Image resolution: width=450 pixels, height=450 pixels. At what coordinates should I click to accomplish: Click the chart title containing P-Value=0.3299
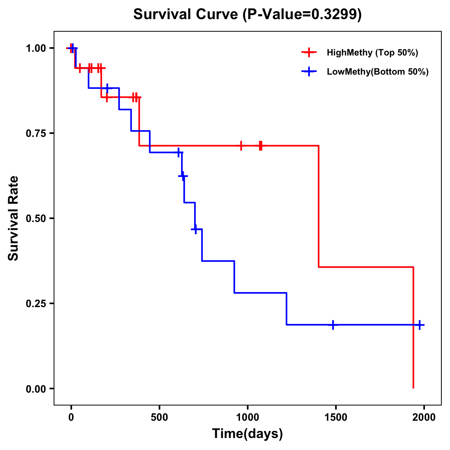247,15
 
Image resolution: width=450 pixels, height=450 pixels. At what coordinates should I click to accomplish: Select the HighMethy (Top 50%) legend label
372,52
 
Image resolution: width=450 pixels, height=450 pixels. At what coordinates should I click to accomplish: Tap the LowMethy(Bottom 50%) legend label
377,72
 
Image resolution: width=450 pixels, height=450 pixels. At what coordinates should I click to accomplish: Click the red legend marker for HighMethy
309,52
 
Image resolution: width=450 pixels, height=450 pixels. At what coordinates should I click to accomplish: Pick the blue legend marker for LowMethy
309,72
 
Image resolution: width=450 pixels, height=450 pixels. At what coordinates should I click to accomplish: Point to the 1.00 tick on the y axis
36,48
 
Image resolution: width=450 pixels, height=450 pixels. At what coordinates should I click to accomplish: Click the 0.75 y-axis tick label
36,133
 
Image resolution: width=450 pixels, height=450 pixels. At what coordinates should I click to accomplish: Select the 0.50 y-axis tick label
36,218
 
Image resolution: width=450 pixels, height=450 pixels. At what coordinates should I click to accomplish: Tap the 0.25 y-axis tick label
36,303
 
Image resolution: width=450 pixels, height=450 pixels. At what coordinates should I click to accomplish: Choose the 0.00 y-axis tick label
36,388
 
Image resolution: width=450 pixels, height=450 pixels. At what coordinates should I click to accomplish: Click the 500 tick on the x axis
159,417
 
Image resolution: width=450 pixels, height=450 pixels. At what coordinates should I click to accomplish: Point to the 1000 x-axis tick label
247,417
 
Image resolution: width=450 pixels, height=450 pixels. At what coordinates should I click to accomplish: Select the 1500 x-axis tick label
336,417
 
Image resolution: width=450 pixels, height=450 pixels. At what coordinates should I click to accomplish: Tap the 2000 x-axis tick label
424,417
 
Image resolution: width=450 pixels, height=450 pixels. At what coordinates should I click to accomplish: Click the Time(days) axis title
247,433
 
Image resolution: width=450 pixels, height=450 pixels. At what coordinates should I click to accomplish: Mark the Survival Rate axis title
13,218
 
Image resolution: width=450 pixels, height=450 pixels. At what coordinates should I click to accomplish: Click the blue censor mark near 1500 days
333,325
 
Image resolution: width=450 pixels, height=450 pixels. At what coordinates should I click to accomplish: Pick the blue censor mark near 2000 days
420,325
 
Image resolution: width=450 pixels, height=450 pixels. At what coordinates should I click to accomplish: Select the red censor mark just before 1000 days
241,145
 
